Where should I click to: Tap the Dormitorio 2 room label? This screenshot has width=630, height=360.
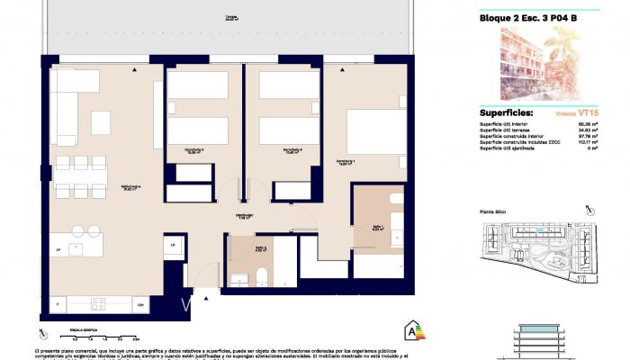click(292, 150)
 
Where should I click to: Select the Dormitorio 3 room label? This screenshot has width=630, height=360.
click(193, 150)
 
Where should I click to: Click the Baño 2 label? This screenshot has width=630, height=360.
click(260, 248)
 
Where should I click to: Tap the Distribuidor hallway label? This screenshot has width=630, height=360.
click(241, 217)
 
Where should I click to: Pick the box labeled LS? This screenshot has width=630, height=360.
click(171, 244)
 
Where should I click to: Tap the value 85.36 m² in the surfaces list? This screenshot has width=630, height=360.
click(588, 124)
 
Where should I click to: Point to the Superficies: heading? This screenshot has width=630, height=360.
click(507, 113)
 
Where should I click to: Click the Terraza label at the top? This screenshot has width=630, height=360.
click(232, 17)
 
